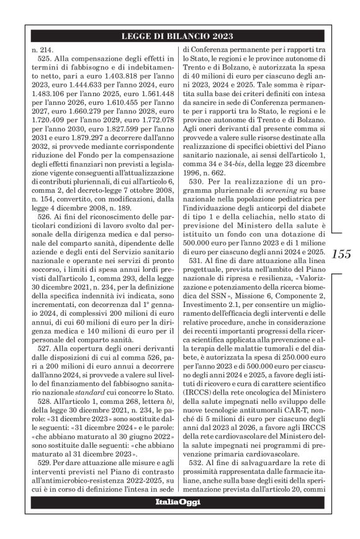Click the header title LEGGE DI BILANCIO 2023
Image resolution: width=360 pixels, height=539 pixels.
point(179,35)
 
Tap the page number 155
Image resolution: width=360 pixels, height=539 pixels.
point(340,254)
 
